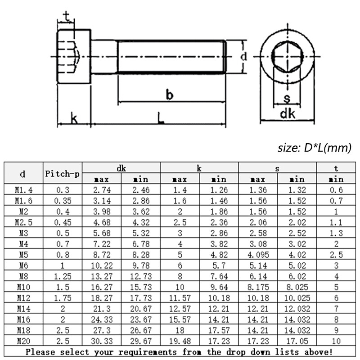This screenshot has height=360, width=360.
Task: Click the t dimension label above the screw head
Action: [x=67, y=17]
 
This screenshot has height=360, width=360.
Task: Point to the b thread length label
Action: [x=170, y=94]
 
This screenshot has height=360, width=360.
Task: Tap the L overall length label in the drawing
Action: [x=161, y=118]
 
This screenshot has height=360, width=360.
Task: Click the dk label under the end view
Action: [x=288, y=114]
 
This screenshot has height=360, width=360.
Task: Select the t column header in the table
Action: [x=336, y=168]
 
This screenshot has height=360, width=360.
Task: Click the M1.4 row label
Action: [x=23, y=190]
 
